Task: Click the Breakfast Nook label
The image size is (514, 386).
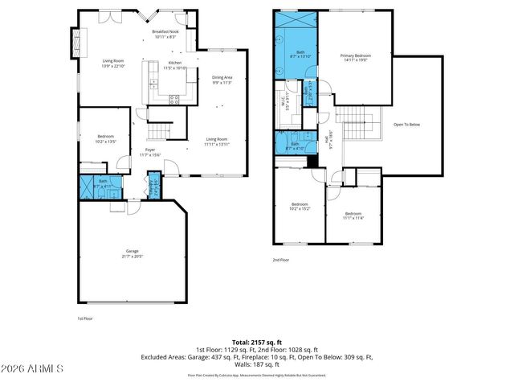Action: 165,33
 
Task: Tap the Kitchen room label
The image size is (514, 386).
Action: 174,65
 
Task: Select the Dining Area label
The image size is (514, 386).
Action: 222,79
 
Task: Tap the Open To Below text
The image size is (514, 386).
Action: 406,125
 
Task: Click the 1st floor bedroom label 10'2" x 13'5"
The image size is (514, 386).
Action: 106,138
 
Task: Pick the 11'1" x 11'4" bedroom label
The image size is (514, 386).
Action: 354,215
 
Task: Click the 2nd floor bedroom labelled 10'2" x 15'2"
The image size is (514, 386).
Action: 300,206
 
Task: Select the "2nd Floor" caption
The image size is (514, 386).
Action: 280,260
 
